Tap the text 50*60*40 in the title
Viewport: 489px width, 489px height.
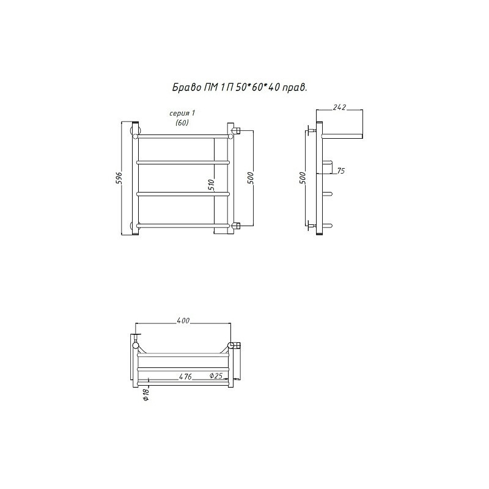point(253,87)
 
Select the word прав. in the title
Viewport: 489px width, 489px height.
point(295,88)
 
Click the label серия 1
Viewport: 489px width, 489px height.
point(182,113)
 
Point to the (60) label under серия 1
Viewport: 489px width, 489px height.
point(182,123)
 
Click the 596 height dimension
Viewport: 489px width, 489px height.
point(119,178)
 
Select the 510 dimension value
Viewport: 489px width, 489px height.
point(211,185)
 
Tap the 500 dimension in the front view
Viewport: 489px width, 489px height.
point(251,178)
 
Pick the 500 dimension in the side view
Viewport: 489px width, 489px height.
point(303,178)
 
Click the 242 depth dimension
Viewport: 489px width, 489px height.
point(339,108)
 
